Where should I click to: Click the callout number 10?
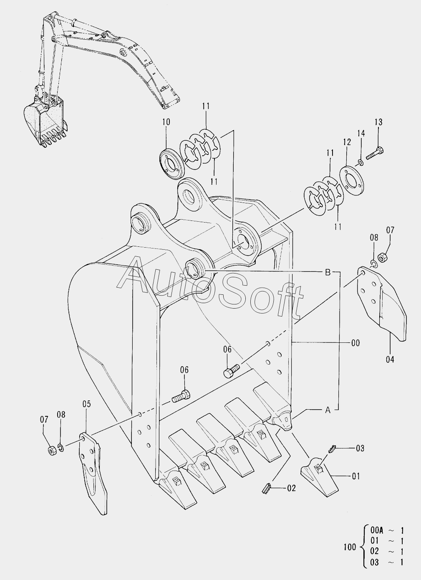click(166, 122)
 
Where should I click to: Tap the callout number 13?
click(378, 122)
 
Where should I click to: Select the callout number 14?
click(361, 133)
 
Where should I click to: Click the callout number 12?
click(347, 142)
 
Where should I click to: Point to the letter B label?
click(328, 272)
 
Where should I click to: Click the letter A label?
click(328, 410)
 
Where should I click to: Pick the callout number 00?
click(355, 343)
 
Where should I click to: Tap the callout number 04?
click(390, 360)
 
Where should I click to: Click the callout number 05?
click(87, 404)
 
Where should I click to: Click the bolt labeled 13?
click(375, 153)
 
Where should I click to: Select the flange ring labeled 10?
click(171, 164)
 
